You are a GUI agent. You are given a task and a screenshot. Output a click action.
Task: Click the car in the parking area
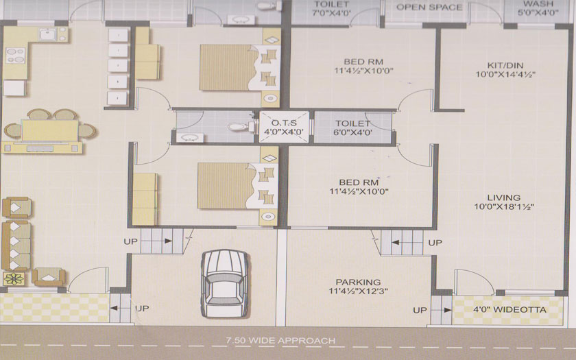tap(224, 283)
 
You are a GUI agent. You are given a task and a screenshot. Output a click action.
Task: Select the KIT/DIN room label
tap(505, 66)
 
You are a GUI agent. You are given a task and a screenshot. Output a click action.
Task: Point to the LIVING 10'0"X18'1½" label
tap(504, 202)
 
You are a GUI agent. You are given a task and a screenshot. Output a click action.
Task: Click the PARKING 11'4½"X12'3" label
tap(358, 287)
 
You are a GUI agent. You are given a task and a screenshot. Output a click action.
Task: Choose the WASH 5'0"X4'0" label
tap(538, 8)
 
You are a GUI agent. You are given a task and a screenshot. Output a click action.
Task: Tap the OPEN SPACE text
tap(429, 7)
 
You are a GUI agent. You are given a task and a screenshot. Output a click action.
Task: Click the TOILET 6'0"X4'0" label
tap(352, 128)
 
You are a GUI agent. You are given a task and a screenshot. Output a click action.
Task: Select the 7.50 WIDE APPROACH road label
tap(280, 341)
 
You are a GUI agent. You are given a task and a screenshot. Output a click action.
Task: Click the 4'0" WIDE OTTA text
tap(509, 310)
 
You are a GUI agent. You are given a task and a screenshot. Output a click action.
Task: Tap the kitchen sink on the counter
tap(47, 34)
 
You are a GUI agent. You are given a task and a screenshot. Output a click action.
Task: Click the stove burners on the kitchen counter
tap(15, 55)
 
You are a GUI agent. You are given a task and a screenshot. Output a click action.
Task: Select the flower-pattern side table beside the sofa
tap(14, 279)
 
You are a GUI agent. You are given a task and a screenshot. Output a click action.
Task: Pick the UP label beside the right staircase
tap(435, 243)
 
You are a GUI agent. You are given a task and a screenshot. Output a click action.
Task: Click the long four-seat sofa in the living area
tap(16, 245)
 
